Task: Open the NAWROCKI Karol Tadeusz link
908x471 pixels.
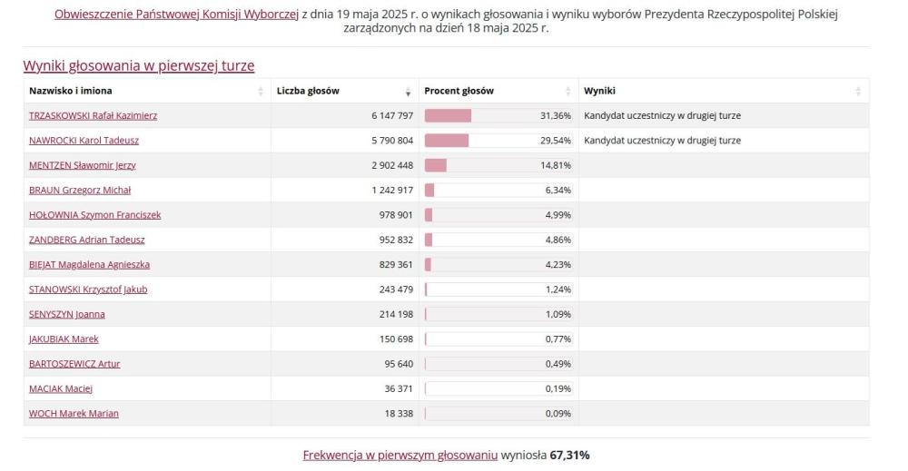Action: click(x=84, y=141)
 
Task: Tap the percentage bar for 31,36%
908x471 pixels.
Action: click(x=449, y=116)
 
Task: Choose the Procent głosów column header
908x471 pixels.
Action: click(x=459, y=91)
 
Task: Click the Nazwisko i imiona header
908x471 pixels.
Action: click(x=71, y=91)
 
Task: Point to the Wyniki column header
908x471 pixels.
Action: click(x=599, y=91)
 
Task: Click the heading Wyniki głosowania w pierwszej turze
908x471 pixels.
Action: click(x=138, y=65)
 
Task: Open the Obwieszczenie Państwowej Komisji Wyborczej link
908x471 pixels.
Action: click(x=177, y=15)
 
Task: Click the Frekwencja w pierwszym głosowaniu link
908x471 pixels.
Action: click(x=400, y=455)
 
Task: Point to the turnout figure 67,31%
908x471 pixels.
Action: click(x=570, y=455)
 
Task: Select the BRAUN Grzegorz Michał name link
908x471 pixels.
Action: click(x=80, y=190)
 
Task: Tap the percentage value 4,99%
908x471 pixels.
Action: click(x=557, y=215)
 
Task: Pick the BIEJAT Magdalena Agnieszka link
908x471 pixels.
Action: click(x=89, y=264)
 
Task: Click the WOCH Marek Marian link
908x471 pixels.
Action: click(x=74, y=413)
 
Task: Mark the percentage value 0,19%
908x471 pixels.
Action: click(x=557, y=388)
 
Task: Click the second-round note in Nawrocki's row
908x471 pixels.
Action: click(x=662, y=141)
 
